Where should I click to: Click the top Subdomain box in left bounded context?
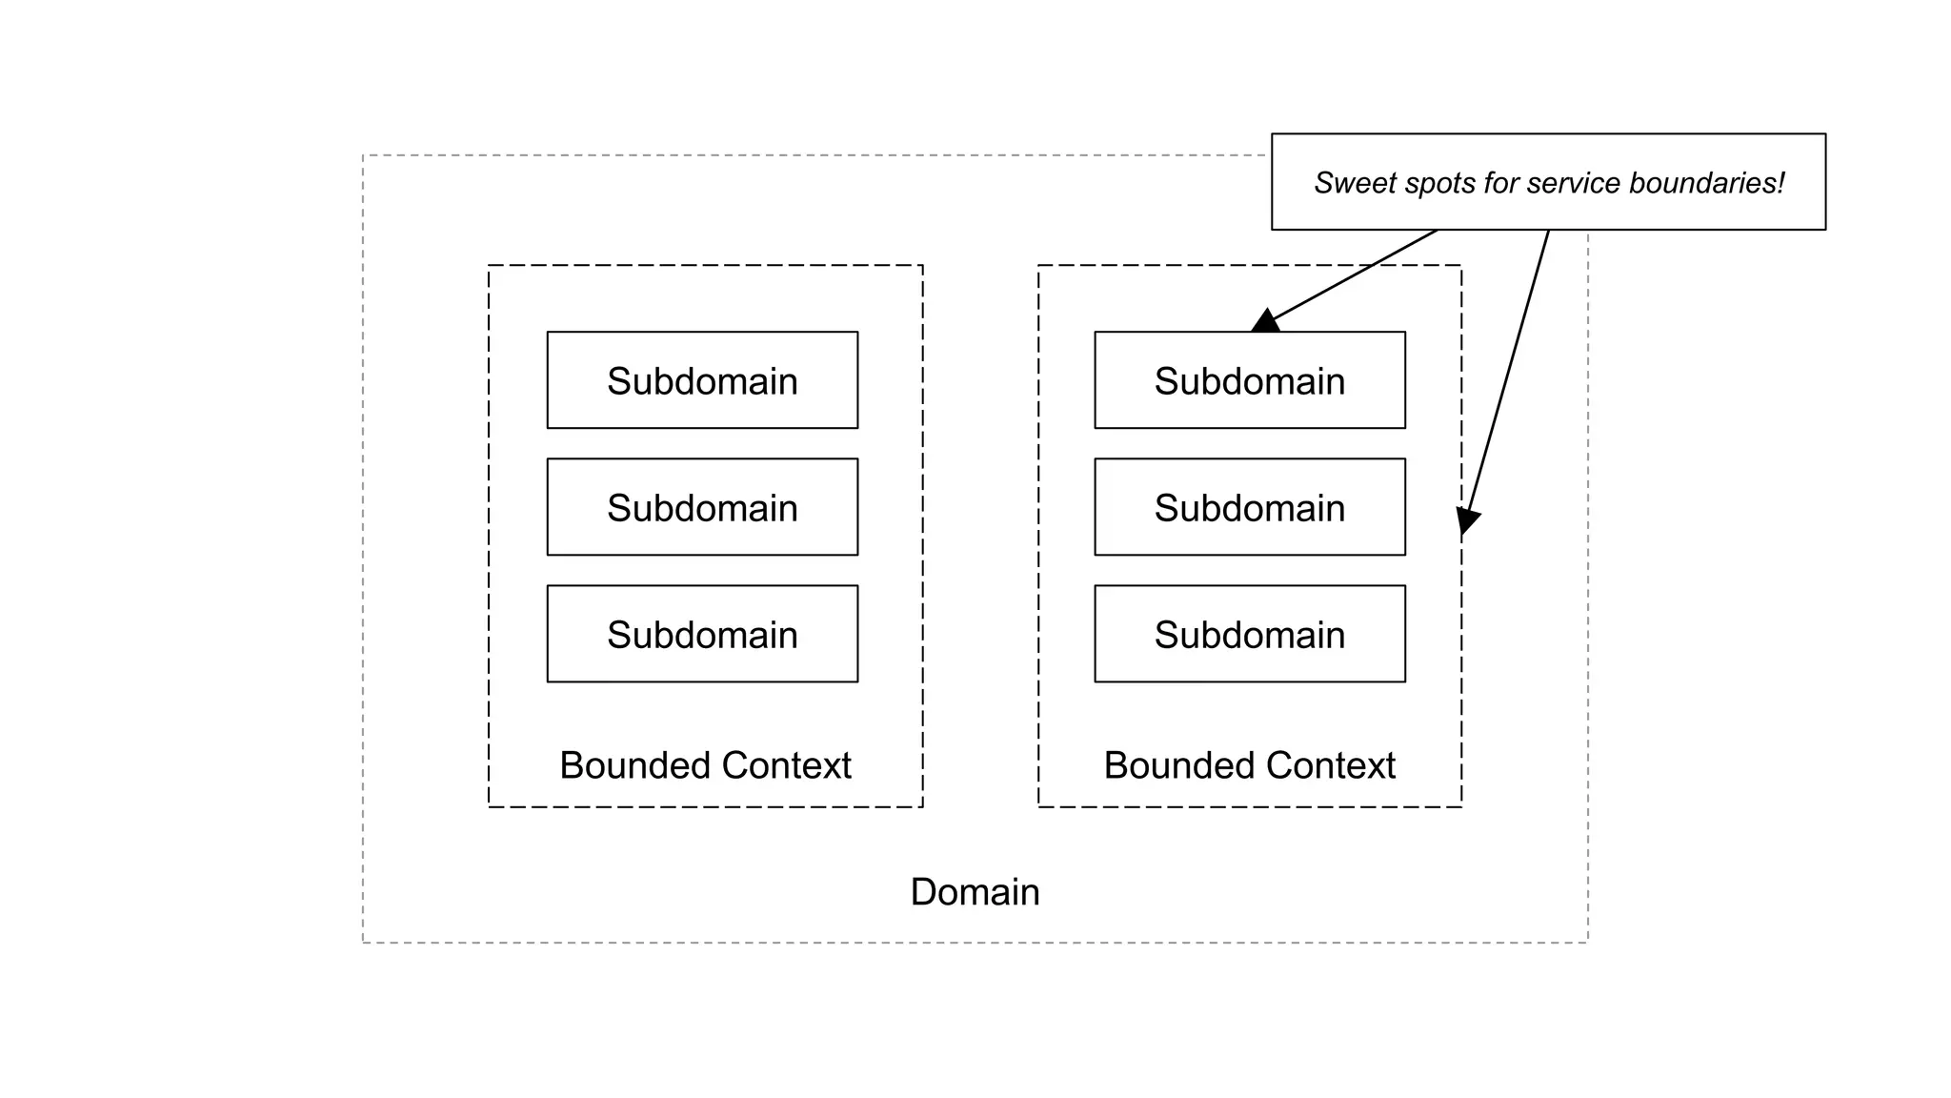(x=702, y=380)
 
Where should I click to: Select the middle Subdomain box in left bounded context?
(x=702, y=507)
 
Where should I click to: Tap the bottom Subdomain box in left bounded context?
(x=702, y=634)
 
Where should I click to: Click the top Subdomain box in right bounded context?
(x=1250, y=380)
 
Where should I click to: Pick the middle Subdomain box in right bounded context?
(x=1250, y=507)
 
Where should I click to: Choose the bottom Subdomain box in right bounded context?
(x=1250, y=634)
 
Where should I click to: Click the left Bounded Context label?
(x=705, y=765)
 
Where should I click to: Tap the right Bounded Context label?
(x=1249, y=765)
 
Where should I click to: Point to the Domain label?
(x=975, y=892)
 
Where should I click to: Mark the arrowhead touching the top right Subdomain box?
(x=1265, y=322)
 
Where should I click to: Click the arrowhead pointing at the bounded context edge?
(x=1467, y=521)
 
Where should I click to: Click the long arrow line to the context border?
(x=1510, y=372)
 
